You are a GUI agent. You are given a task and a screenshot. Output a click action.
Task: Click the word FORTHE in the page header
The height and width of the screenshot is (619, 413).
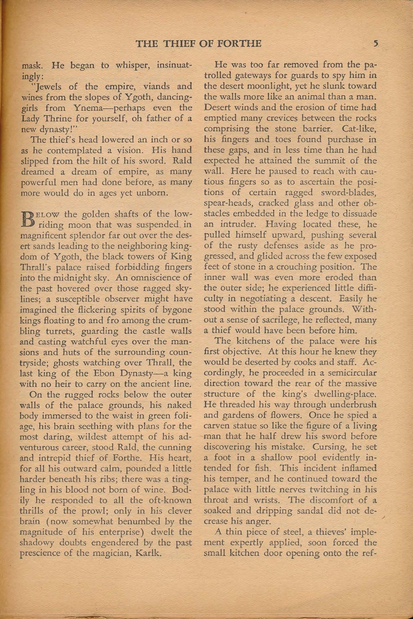tap(241, 44)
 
